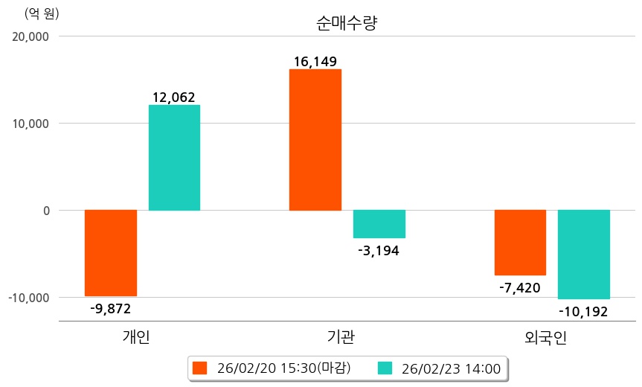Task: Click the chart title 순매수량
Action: click(x=347, y=23)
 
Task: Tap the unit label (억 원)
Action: click(x=42, y=13)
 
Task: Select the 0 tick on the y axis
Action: click(x=46, y=211)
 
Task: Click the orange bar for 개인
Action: click(x=111, y=253)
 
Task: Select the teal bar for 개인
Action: click(x=174, y=158)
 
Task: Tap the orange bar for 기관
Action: click(x=315, y=140)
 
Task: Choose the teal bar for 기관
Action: click(x=379, y=224)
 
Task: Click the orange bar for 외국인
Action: click(x=520, y=243)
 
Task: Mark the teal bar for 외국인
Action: click(x=584, y=255)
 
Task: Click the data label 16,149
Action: click(x=315, y=60)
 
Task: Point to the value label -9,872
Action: click(x=110, y=308)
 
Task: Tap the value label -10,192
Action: click(x=583, y=311)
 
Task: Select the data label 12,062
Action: click(x=174, y=97)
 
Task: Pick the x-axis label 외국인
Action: click(x=545, y=338)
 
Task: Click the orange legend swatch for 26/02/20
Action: click(x=199, y=368)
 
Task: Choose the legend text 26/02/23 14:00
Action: click(x=451, y=368)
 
